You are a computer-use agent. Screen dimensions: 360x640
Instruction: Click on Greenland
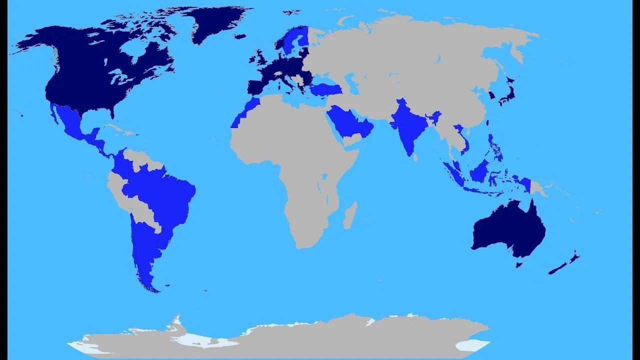[210, 25]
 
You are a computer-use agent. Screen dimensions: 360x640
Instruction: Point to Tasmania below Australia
[519, 263]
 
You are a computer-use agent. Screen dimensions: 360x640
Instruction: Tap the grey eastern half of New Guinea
[537, 188]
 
